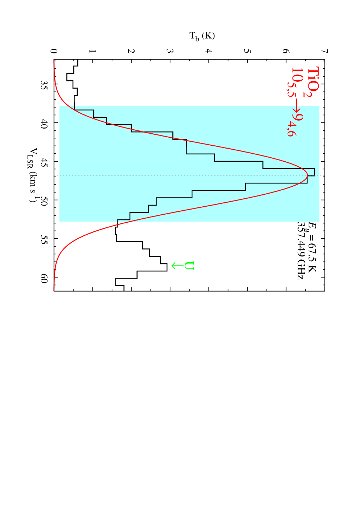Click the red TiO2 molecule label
[311, 82]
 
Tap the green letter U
[189, 266]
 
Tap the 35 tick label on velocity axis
[44, 84]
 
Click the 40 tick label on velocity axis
[44, 123]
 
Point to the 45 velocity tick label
[44, 161]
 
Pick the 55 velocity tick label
[44, 239]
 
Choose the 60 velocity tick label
[44, 277]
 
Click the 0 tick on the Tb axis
[54, 51]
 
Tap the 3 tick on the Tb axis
[169, 51]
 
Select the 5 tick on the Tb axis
[247, 51]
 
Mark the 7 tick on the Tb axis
[325, 51]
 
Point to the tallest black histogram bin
[315, 172]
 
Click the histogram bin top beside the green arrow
[167, 267]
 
